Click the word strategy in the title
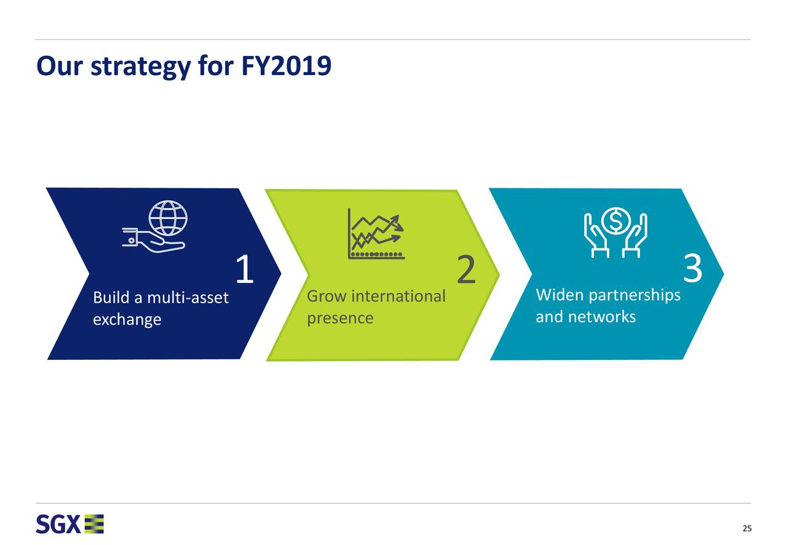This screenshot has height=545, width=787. [x=141, y=66]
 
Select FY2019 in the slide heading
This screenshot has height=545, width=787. [x=287, y=65]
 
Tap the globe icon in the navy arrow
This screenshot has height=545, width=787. [x=168, y=218]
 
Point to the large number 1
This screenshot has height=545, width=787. [x=245, y=269]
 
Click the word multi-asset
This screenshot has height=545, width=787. [x=188, y=298]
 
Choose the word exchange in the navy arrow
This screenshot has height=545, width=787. [x=127, y=320]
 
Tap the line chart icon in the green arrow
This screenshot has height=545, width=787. [x=376, y=234]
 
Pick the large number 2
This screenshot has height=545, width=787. [x=466, y=269]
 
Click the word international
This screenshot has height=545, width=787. [x=398, y=296]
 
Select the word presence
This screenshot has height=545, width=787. [x=340, y=319]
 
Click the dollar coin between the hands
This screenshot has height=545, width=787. [x=615, y=220]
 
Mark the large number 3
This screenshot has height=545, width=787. [x=692, y=268]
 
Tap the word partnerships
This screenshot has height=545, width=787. [x=635, y=295]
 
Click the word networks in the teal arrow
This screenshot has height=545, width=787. [x=602, y=317]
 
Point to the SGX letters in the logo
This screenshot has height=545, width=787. [x=58, y=524]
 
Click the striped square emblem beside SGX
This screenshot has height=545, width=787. [x=94, y=524]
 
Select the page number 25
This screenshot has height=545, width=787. [x=747, y=528]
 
